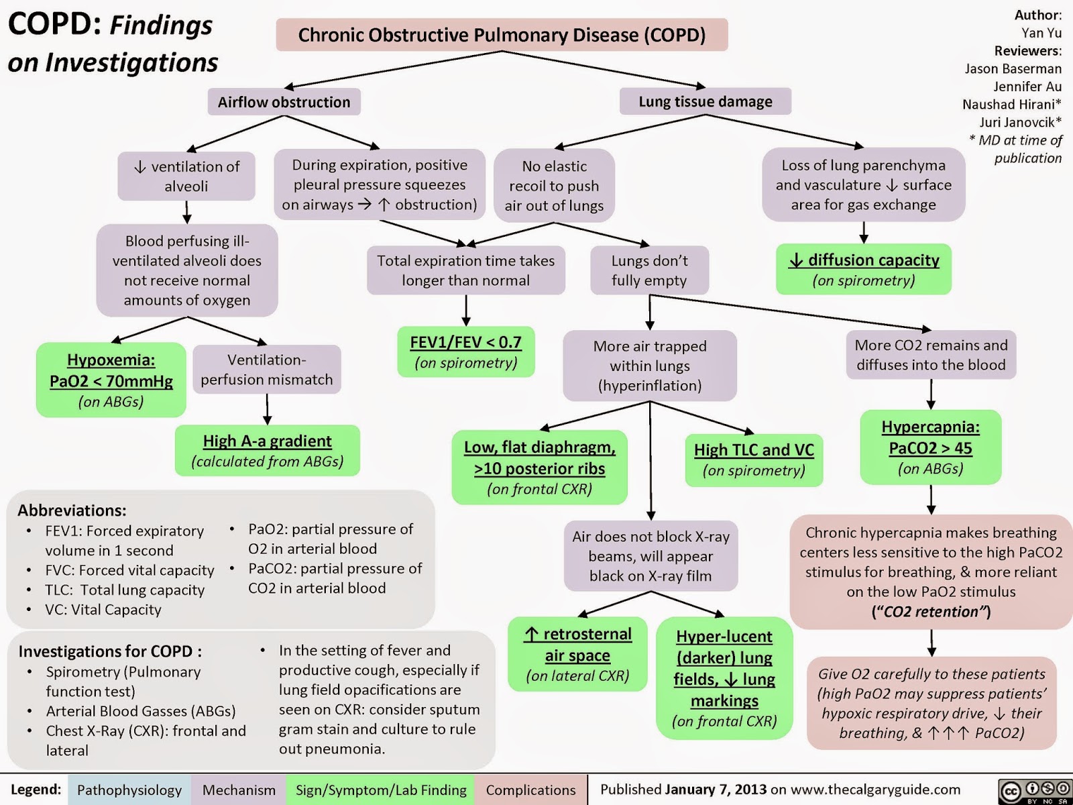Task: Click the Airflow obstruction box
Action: tap(284, 102)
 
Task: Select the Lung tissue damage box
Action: tap(705, 101)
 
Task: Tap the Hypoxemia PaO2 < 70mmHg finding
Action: tap(111, 380)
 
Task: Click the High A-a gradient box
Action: tap(267, 450)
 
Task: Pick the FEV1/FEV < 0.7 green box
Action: tap(466, 352)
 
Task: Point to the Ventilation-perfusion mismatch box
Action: tap(267, 370)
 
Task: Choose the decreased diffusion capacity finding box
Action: tap(864, 269)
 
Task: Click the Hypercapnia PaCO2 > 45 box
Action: tap(930, 447)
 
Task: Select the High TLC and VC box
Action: tap(754, 460)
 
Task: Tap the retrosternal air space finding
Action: tap(577, 654)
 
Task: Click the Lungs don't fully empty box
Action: tap(649, 270)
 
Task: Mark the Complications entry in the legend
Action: tap(530, 790)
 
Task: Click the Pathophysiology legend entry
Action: tap(129, 790)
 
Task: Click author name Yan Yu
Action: tap(1041, 33)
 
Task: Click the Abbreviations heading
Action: tap(72, 511)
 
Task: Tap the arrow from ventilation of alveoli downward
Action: tap(187, 211)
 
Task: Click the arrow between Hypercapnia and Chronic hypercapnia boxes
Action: tap(931, 499)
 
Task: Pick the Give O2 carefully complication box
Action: tap(931, 703)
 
